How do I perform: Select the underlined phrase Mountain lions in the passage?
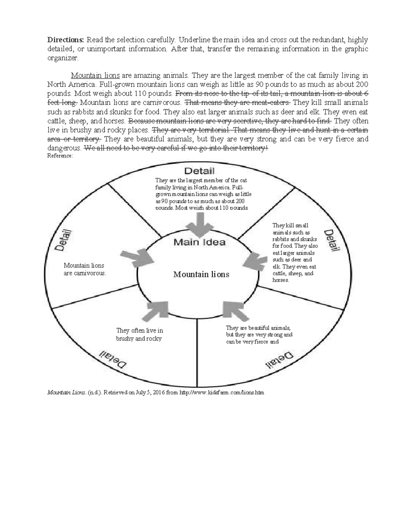click(x=95, y=75)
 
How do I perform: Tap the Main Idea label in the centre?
click(x=199, y=242)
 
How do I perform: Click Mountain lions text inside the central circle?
click(x=201, y=274)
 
